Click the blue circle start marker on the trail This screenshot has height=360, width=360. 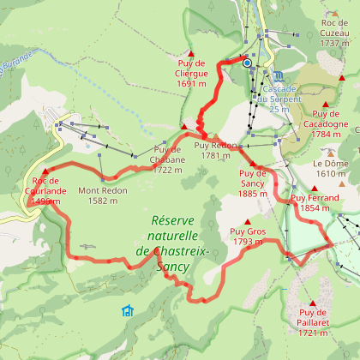click(x=247, y=63)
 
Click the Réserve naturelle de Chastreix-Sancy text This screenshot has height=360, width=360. click(x=168, y=237)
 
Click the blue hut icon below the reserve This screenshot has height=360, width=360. click(x=128, y=310)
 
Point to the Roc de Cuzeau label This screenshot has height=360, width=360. click(x=337, y=32)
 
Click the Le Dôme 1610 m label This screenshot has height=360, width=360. click(x=329, y=168)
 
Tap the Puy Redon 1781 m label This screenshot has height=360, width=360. click(x=213, y=150)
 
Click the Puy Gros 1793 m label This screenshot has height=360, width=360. click(x=247, y=237)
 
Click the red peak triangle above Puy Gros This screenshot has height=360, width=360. click(x=247, y=221)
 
